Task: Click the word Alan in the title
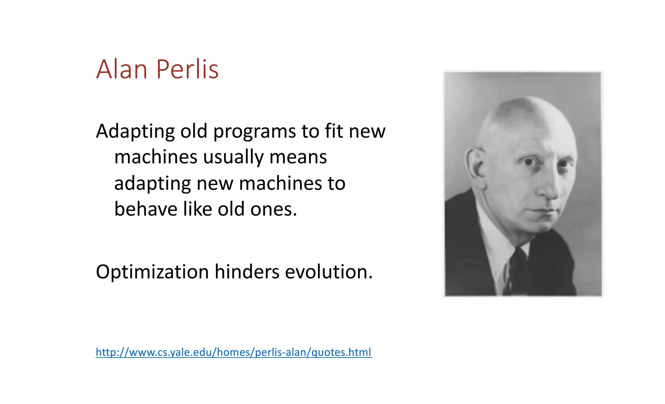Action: point(122,69)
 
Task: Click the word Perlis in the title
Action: point(187,69)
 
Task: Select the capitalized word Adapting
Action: point(135,132)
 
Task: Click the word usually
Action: point(233,158)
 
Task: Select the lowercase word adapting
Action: point(152,184)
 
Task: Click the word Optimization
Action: point(152,272)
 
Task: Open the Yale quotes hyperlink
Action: point(233,352)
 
